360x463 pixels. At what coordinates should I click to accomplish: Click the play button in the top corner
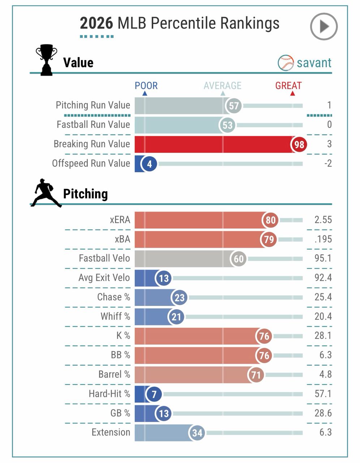323,26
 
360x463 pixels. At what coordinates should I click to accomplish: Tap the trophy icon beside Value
46,60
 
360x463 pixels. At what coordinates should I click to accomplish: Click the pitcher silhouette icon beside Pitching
46,193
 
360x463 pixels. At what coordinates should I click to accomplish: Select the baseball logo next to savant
286,63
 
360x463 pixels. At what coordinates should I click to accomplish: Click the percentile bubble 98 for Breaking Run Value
299,144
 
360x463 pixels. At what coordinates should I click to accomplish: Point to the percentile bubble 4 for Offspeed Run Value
149,164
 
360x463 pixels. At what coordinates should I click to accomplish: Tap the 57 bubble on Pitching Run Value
234,106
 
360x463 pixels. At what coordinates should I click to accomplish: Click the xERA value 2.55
323,220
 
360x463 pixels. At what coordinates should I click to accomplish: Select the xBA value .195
323,239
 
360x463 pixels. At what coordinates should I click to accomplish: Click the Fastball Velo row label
104,258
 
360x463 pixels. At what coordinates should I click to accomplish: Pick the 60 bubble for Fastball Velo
239,259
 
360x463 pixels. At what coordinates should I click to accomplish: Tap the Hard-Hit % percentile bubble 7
154,394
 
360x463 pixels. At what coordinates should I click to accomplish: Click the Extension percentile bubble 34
197,433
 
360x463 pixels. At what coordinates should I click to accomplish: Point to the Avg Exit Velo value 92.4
323,278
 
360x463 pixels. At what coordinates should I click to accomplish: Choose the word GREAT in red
288,86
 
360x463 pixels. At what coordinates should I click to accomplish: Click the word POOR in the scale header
146,86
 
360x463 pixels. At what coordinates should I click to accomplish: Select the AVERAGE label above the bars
222,86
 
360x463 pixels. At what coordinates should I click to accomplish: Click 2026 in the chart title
96,24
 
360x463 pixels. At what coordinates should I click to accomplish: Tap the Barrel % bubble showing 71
256,375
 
